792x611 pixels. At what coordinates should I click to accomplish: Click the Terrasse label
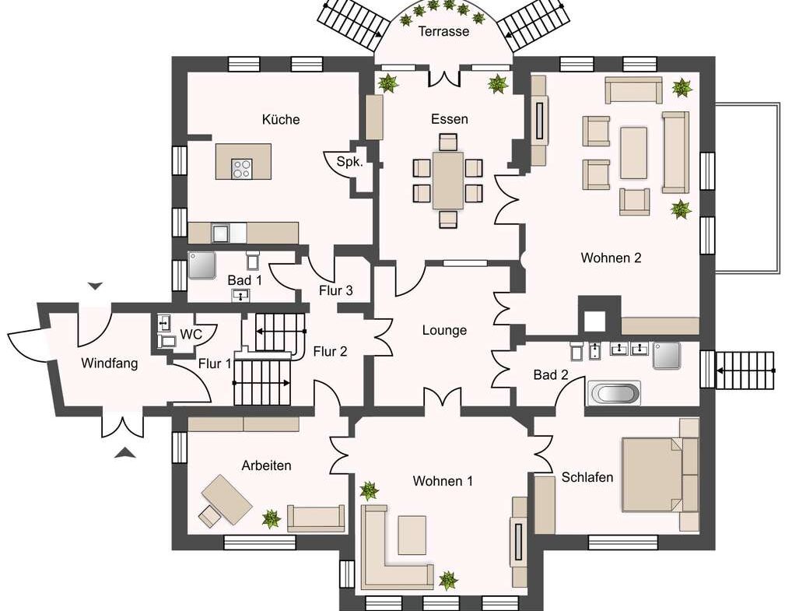(x=444, y=31)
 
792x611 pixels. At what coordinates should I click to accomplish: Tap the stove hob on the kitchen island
(x=241, y=169)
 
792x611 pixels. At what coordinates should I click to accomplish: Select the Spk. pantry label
(x=349, y=162)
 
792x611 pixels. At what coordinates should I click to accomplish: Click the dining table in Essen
(x=447, y=181)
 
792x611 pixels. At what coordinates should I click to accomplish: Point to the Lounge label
(x=444, y=330)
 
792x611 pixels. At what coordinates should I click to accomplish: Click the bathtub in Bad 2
(x=614, y=393)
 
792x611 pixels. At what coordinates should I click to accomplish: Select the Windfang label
(x=110, y=363)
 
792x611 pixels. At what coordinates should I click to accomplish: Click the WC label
(x=191, y=334)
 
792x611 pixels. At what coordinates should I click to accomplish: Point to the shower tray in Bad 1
(x=202, y=265)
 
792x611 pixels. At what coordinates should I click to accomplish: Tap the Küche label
(x=281, y=119)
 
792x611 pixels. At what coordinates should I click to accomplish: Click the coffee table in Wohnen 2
(x=634, y=153)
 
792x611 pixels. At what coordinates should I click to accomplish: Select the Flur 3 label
(x=336, y=290)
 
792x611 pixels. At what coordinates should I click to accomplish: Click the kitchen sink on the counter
(x=221, y=233)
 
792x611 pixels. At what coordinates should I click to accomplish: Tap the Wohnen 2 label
(x=612, y=258)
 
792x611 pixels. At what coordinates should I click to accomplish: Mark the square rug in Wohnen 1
(x=412, y=536)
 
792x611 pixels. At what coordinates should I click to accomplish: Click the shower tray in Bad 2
(x=666, y=355)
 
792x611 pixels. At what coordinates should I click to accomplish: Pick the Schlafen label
(x=587, y=477)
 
